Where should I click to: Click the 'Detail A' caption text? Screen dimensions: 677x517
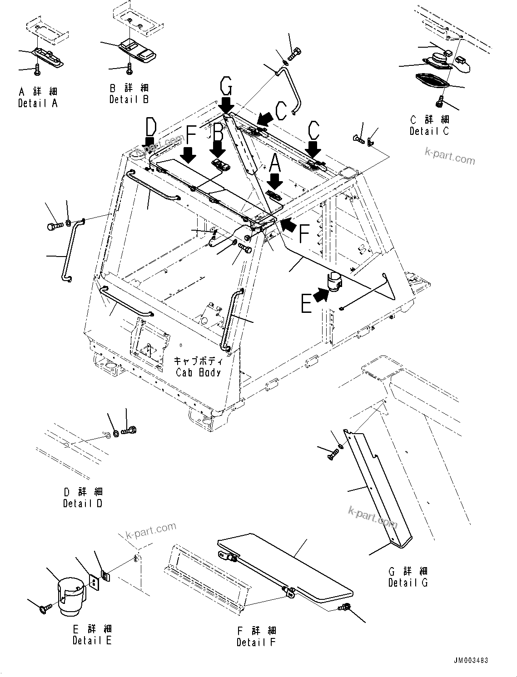coord(38,104)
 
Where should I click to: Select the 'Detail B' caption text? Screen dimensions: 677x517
coord(129,99)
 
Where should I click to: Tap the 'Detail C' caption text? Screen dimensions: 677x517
coord(429,131)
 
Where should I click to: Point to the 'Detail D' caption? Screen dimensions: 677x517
coord(83,504)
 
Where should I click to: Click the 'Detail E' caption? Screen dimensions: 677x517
coord(92,641)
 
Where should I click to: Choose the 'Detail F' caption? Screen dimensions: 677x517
coord(256,642)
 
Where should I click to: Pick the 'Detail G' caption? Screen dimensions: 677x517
coord(408,583)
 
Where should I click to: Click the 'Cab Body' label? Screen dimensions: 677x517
coord(199,372)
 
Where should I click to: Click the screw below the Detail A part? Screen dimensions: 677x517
coord(37,69)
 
